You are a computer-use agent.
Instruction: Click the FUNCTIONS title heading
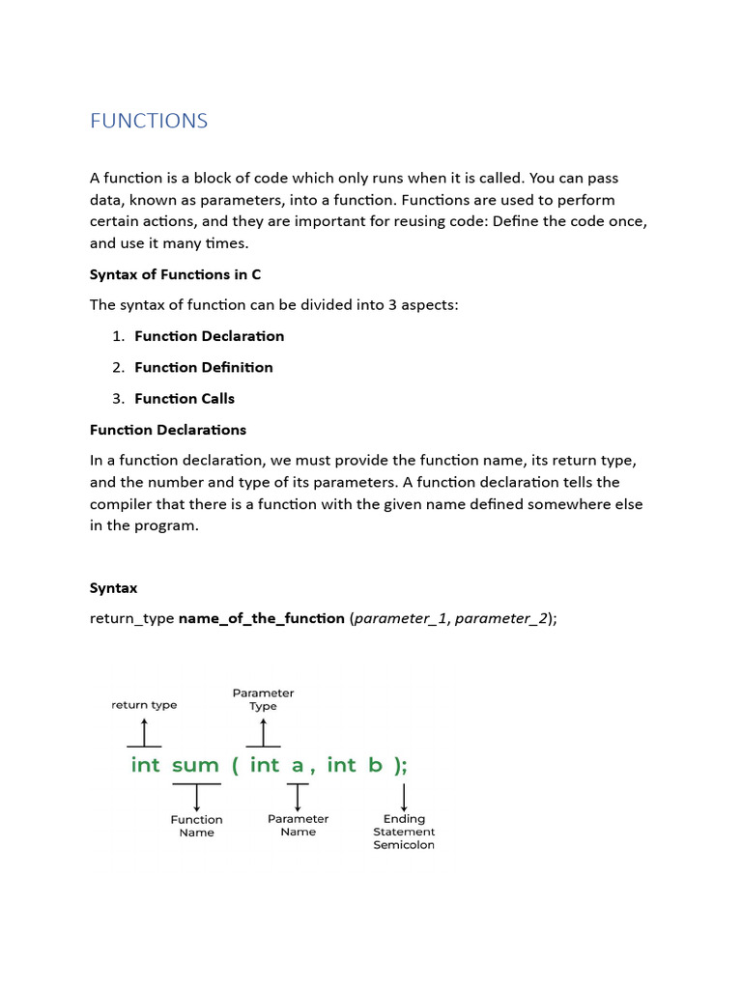pos(149,121)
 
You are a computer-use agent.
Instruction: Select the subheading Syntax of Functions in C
pos(175,274)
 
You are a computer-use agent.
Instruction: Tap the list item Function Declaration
pos(209,336)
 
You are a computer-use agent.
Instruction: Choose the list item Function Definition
pos(203,367)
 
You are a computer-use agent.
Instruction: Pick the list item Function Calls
pos(184,398)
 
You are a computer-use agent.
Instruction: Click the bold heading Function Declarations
pos(168,430)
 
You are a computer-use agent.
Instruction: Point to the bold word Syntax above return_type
pos(114,587)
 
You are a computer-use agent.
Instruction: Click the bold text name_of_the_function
pos(262,618)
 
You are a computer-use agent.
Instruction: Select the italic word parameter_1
pos(401,618)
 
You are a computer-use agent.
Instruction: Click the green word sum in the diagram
pos(195,765)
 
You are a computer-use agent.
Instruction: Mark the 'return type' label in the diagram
pos(144,705)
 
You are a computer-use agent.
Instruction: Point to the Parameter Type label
pos(263,699)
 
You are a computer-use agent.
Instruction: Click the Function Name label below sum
pos(196,826)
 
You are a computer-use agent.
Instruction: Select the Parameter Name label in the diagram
pos(298,825)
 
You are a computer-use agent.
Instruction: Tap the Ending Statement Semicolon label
pos(404,832)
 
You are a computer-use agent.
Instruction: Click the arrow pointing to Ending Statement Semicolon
pos(404,797)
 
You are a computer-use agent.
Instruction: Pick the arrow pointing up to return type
pos(144,731)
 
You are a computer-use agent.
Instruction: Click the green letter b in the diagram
pos(375,765)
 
